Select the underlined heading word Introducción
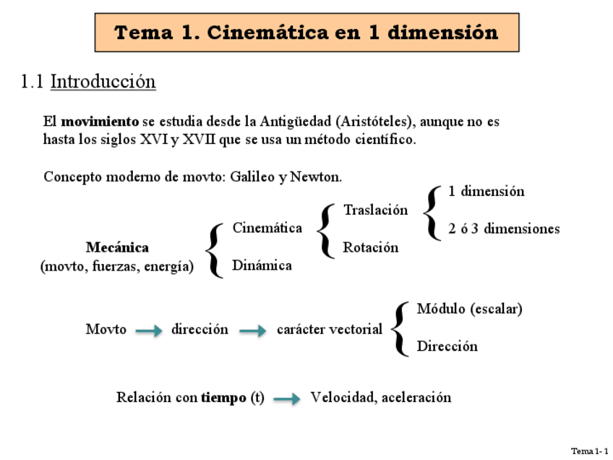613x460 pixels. click(x=103, y=82)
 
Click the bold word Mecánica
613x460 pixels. click(x=117, y=248)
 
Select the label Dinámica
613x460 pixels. click(x=262, y=265)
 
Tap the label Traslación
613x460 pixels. click(x=375, y=210)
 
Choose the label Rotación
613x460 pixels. click(x=370, y=247)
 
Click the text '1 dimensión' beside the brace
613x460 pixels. click(x=486, y=192)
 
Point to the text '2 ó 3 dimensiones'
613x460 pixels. click(x=503, y=229)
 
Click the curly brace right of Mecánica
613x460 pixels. click(x=214, y=250)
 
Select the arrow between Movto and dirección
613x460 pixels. click(x=149, y=331)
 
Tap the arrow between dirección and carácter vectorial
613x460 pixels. click(x=253, y=331)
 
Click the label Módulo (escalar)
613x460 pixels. click(x=469, y=309)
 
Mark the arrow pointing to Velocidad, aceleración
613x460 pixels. click(x=287, y=399)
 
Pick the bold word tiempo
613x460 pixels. click(x=223, y=398)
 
